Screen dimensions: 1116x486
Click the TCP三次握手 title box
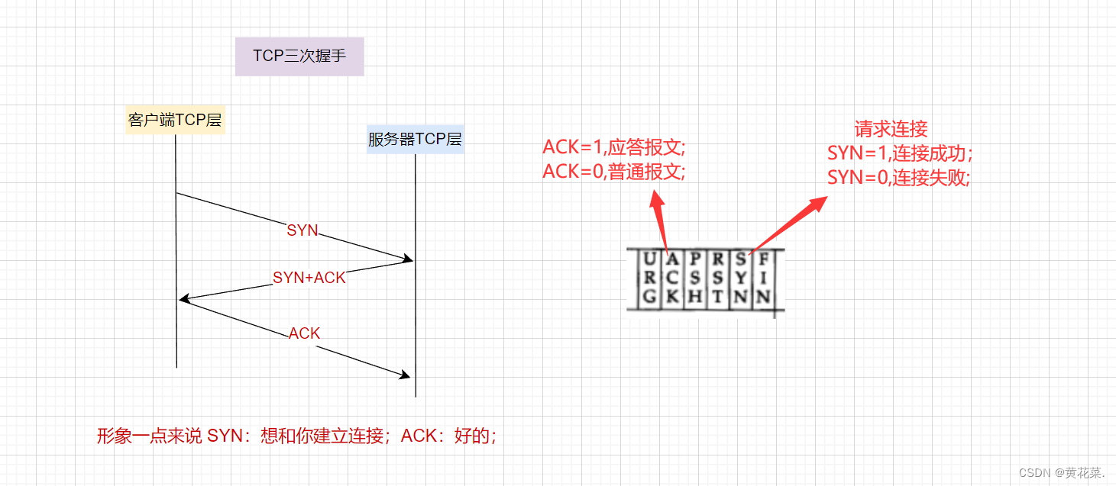coord(299,56)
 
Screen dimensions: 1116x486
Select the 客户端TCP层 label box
coord(176,120)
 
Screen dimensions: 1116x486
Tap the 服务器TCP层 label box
coord(415,139)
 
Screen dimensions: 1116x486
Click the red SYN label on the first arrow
coord(302,230)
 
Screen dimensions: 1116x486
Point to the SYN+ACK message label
coord(309,278)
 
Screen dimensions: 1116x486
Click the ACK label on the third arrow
coord(304,333)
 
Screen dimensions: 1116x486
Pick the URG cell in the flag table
coord(649,278)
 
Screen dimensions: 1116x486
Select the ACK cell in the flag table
coord(671,278)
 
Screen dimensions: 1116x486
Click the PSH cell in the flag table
coord(694,278)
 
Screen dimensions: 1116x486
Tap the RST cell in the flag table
coord(717,278)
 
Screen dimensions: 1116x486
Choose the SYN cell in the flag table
coord(740,278)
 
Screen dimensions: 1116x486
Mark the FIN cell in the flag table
coord(763,278)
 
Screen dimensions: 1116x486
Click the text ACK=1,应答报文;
coord(614,146)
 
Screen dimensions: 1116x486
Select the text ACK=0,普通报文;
coord(614,172)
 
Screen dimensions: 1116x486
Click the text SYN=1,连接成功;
coord(899,153)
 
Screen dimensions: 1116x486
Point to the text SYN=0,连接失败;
coord(899,178)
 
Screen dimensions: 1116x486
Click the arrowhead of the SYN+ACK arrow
coord(184,298)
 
